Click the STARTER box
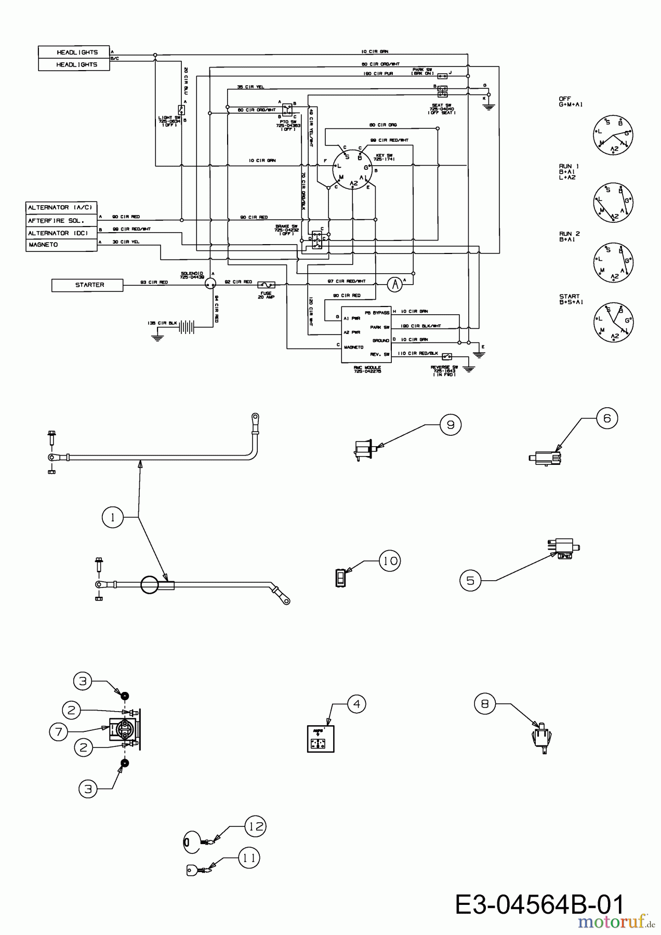87,285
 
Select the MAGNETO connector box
61,245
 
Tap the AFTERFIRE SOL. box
61,221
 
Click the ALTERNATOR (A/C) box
61,208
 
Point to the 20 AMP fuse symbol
267,285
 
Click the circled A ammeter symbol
395,284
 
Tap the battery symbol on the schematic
187,327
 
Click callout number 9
451,425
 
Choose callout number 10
391,561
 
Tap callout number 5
471,580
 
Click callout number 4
356,704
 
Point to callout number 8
485,704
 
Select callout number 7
59,732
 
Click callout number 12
255,826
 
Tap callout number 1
113,517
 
